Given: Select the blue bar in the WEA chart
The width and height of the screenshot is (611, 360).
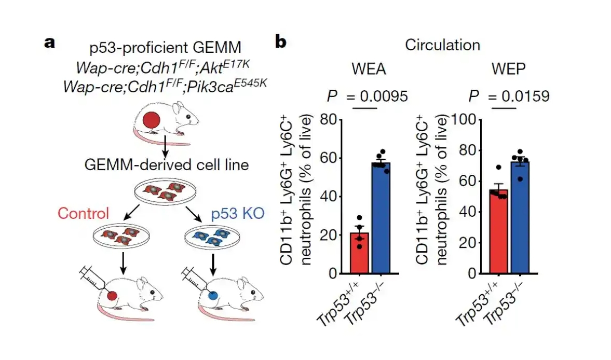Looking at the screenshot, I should [x=381, y=218].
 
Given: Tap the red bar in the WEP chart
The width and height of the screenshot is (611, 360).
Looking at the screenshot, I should [x=499, y=231].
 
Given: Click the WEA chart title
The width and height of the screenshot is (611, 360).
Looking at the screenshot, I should [x=369, y=71].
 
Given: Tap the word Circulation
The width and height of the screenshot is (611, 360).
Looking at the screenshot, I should [x=442, y=45].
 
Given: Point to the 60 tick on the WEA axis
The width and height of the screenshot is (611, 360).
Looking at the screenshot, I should [x=329, y=158].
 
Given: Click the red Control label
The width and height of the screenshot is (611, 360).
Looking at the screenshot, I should [x=84, y=213].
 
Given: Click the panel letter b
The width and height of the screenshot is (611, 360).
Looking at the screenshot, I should [x=280, y=42].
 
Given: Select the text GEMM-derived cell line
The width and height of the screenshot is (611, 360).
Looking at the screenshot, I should [x=166, y=165].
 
